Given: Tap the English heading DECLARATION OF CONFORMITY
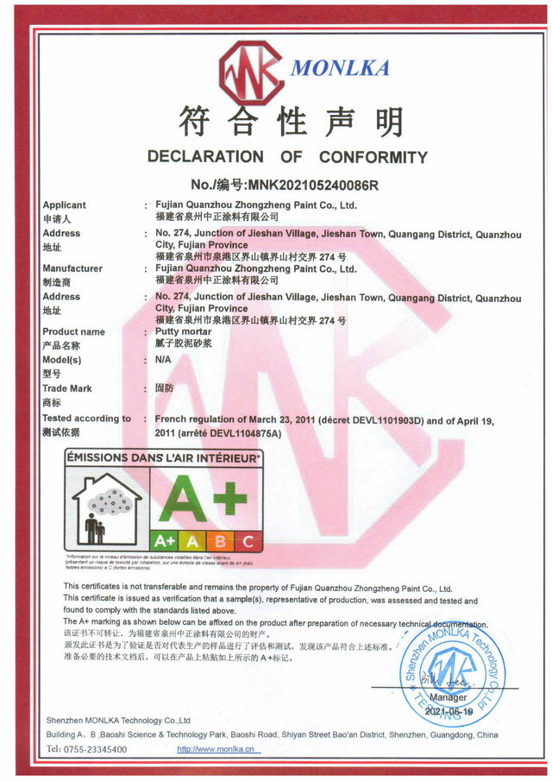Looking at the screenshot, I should point(287,157).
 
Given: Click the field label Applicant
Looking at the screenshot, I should point(64,205).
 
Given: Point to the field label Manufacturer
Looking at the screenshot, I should point(72,268).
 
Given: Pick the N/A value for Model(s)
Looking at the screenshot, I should point(163,360).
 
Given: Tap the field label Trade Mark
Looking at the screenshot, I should point(67,388).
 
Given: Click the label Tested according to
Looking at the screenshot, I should point(86,418).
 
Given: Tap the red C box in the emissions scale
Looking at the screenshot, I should point(248,541).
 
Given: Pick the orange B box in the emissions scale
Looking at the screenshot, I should point(221,541).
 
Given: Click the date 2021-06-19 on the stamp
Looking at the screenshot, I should point(449,712).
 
